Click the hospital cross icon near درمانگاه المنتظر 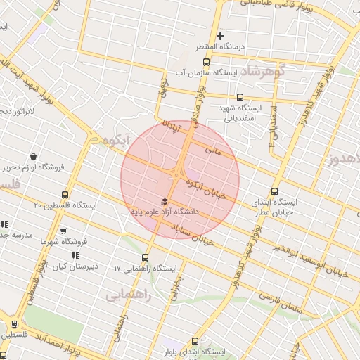[x=220, y=36]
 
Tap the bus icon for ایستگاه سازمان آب [x=205, y=62]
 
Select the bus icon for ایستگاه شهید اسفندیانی [x=240, y=98]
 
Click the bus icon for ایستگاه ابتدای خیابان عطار [x=274, y=191]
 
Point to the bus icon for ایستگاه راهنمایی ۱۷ [x=146, y=257]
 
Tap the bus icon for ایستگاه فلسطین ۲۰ [x=65, y=195]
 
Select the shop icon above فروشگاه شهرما [x=63, y=231]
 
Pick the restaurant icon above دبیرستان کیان [x=75, y=256]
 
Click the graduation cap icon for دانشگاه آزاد [x=165, y=202]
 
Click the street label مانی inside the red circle [x=212, y=150]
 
